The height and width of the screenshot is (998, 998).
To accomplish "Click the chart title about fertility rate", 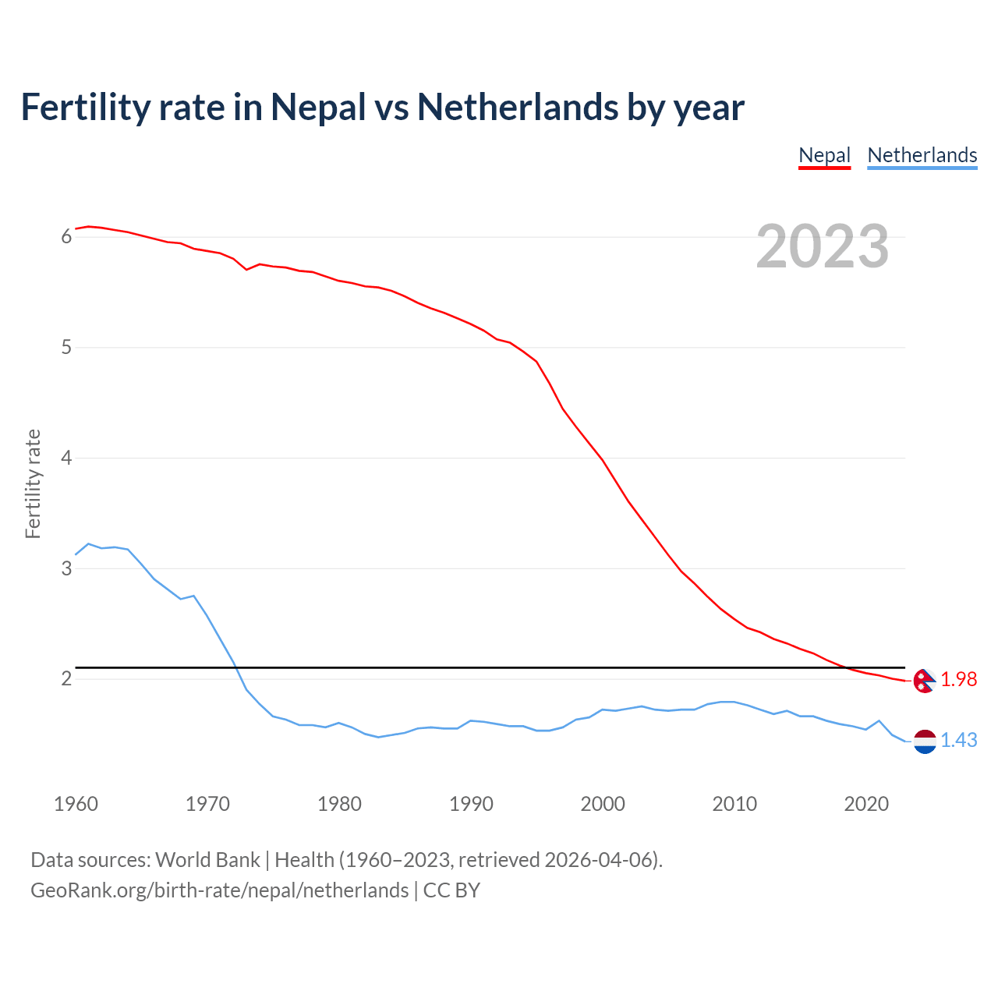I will [x=382, y=107].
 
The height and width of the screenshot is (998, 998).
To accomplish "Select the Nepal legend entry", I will [x=824, y=155].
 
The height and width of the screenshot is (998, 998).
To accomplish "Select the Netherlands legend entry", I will [x=922, y=155].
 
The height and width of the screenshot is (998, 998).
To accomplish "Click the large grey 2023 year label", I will [x=822, y=246].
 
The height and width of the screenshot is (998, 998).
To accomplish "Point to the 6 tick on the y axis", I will [x=66, y=236].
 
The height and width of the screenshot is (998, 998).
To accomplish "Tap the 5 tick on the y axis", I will [x=66, y=347].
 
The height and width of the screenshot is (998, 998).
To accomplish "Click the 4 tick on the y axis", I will [x=66, y=458].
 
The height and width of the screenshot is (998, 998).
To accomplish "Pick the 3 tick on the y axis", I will [x=66, y=568].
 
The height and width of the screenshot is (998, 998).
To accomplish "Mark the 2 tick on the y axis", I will [x=66, y=679].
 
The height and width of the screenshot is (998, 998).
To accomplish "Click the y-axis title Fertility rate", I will [x=33, y=483].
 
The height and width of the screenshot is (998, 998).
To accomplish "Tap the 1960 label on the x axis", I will [x=76, y=804].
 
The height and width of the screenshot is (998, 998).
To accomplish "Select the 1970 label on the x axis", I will [x=207, y=804].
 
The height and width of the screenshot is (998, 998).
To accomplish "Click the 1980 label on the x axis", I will [x=339, y=804].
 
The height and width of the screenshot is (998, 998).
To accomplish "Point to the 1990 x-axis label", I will [x=471, y=804].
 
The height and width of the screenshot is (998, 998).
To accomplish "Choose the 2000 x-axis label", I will [x=603, y=804].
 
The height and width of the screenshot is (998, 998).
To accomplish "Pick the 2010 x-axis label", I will [x=734, y=804].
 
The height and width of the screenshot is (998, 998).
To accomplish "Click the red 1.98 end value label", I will [x=958, y=680].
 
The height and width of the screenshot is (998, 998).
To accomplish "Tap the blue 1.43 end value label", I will [x=958, y=741].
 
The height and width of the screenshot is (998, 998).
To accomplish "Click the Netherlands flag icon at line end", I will [x=925, y=741].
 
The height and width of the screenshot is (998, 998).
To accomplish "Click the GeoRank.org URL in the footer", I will [x=219, y=890].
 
